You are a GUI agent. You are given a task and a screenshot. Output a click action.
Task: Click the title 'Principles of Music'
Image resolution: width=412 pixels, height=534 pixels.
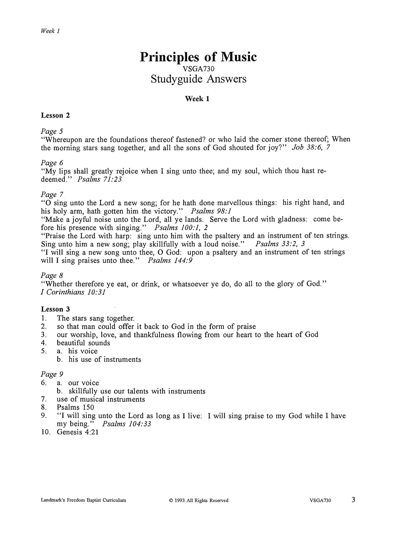coord(198,57)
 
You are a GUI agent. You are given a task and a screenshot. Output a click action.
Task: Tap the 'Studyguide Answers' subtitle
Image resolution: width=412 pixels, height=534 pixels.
coord(198,79)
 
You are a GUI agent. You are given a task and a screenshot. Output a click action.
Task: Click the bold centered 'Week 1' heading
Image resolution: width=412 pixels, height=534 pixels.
coord(197,99)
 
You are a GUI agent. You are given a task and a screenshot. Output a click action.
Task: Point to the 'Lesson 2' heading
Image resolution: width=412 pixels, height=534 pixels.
coord(55,115)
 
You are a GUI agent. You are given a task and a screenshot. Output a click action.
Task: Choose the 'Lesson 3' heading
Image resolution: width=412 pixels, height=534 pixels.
coord(55,309)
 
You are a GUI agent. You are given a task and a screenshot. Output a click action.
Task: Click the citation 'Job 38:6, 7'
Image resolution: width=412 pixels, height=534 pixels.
coord(311,148)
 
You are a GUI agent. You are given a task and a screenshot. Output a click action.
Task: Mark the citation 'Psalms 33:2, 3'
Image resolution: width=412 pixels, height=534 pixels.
coord(281,244)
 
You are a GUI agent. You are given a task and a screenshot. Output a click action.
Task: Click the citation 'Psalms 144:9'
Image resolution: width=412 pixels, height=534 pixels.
coord(170,260)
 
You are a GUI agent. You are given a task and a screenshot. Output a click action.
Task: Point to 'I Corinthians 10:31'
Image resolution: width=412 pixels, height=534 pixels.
coord(73,292)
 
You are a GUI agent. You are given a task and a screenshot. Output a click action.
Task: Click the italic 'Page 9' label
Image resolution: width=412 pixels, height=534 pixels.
coord(52,374)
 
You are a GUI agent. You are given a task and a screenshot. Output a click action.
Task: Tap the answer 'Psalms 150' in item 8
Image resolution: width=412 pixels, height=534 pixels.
coord(75,407)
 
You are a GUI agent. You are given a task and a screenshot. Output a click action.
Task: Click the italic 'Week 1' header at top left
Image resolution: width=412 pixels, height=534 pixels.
coord(50,31)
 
